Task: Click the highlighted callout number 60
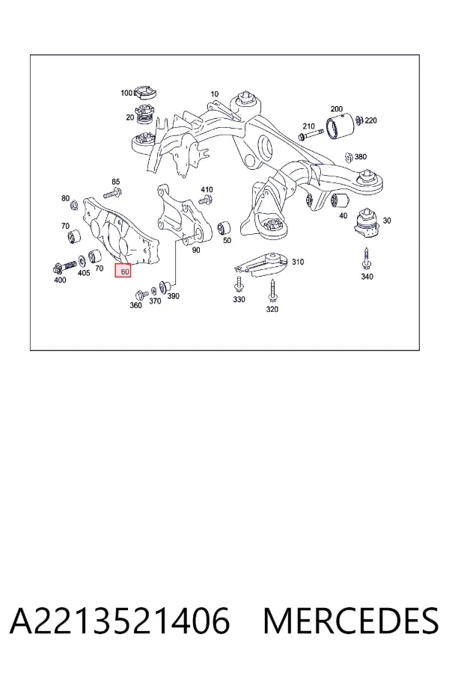[123, 271]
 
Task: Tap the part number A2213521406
[120, 621]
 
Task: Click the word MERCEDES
[351, 621]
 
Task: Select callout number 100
[126, 93]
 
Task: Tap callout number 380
[361, 157]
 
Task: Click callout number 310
[298, 262]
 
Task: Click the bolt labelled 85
[112, 193]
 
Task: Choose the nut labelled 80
[73, 204]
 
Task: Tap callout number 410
[207, 189]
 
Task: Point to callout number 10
[215, 93]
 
